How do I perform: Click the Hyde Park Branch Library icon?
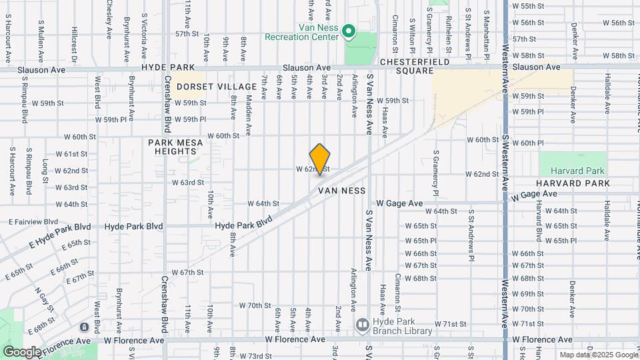click(x=363, y=325)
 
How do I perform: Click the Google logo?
click(x=21, y=352)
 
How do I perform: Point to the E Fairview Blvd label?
click(x=33, y=221)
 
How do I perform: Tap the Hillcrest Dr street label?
click(x=75, y=45)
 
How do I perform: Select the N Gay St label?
click(x=45, y=302)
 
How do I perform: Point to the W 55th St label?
click(x=531, y=6)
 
